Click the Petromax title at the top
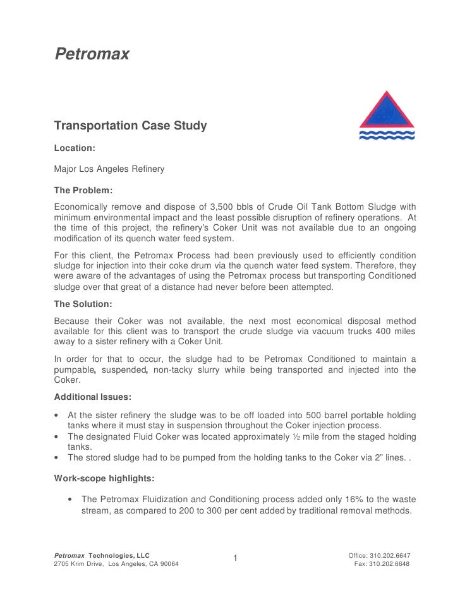point(92,55)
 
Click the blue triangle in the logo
point(387,112)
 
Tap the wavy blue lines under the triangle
point(387,135)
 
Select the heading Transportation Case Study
point(130,126)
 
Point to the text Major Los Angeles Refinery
point(109,169)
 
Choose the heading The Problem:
point(83,190)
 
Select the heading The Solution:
point(83,304)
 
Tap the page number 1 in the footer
point(234,558)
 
